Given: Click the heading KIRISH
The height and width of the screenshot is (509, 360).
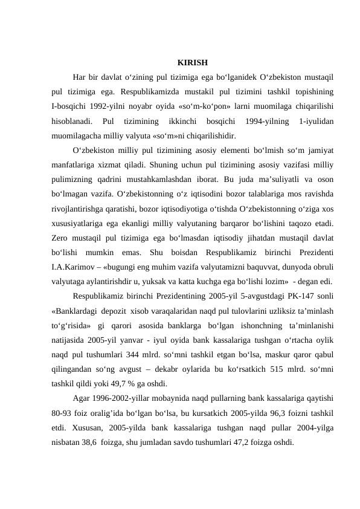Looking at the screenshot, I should (x=193, y=62).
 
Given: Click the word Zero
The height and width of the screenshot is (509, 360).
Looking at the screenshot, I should (x=62, y=237).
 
